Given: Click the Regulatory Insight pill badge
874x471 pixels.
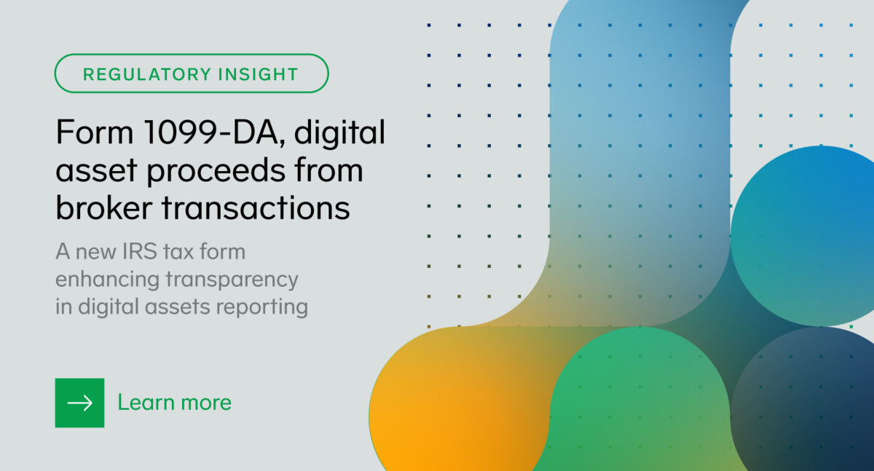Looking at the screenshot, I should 192,74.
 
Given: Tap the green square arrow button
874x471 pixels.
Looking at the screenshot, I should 79,403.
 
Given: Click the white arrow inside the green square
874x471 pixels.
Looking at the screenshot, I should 79,403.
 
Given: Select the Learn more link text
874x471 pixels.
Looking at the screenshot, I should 174,403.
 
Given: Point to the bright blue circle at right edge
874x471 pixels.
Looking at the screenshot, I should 808,233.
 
